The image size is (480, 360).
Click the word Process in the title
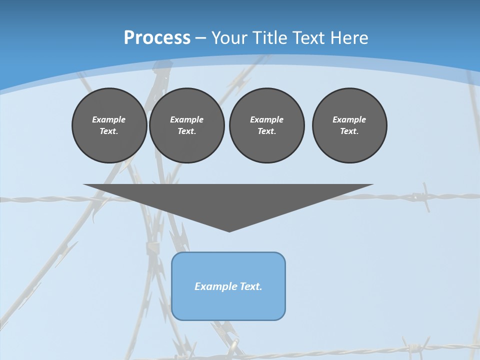pyautogui.click(x=157, y=38)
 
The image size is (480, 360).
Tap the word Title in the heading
pyautogui.click(x=269, y=38)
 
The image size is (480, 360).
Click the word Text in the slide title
pyautogui.click(x=307, y=38)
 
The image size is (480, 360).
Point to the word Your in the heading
pyautogui.click(x=229, y=38)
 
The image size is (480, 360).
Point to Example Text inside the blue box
pyautogui.click(x=228, y=286)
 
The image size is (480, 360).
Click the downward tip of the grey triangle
pyautogui.click(x=229, y=230)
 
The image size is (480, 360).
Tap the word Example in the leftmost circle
pyautogui.click(x=109, y=119)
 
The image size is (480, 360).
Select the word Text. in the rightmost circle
pyautogui.click(x=349, y=131)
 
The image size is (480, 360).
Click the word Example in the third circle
pyautogui.click(x=266, y=119)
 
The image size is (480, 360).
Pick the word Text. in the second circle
pyautogui.click(x=186, y=131)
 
